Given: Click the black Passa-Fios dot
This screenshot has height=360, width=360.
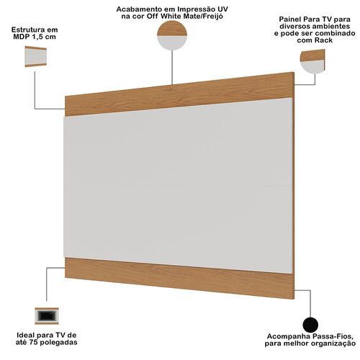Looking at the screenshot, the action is pos(310,325).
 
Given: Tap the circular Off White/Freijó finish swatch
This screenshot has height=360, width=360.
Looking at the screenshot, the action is pos(172,35).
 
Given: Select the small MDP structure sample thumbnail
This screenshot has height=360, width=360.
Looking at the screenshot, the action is pos(36,57).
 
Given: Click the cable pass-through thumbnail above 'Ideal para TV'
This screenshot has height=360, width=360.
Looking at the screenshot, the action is pos(47,316).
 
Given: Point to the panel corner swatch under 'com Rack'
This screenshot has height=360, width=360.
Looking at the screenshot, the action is pos(312,61).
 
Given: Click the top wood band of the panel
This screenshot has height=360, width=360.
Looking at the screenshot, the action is pos(179,94).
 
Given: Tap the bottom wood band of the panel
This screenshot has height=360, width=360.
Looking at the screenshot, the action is pos(179,279).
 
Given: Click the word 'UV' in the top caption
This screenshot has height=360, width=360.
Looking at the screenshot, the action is pos(222,9).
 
